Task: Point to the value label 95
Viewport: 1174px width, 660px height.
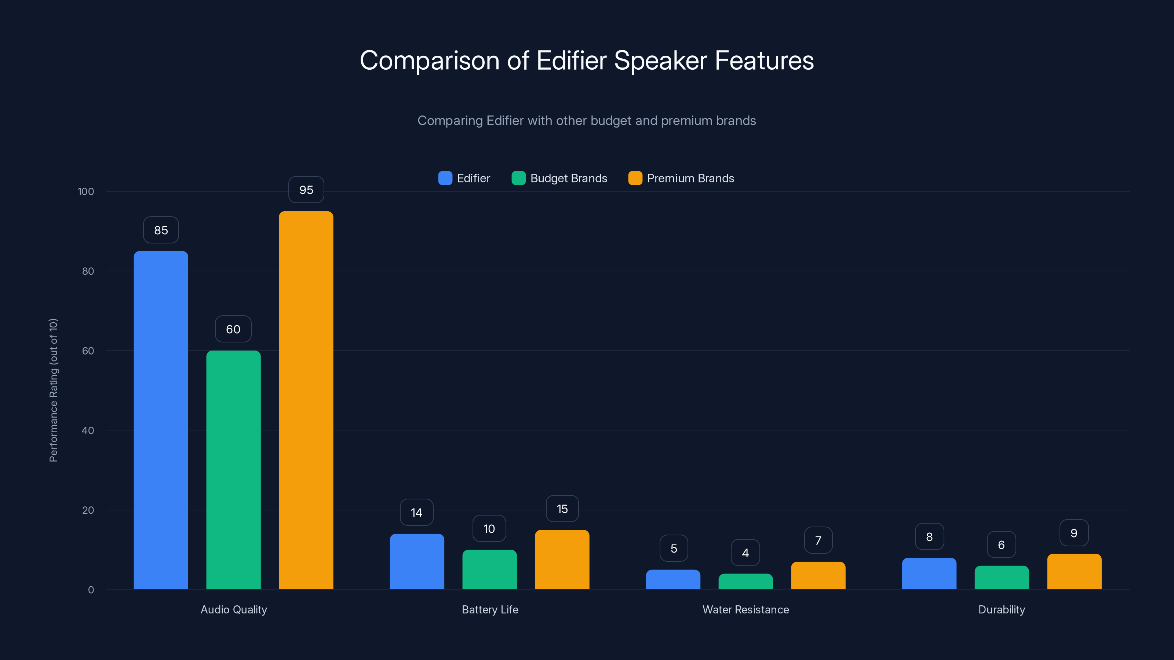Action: (x=306, y=190)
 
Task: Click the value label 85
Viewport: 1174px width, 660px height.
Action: (x=161, y=230)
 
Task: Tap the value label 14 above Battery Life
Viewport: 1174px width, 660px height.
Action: (x=416, y=513)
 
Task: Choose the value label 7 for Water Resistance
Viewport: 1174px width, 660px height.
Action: (x=818, y=540)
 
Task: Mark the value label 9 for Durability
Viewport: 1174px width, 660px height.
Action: (x=1074, y=533)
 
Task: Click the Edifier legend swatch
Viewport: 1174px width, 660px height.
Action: (x=445, y=178)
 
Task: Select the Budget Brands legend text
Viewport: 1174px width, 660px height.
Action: (x=568, y=178)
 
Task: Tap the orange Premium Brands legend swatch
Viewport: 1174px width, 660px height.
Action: (x=635, y=178)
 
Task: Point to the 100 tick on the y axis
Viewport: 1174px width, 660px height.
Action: (x=86, y=191)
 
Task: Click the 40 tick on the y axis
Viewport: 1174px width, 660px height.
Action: (x=88, y=430)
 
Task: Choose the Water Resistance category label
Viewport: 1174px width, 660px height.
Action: (x=745, y=609)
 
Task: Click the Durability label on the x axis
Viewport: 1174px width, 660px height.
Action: (x=1001, y=609)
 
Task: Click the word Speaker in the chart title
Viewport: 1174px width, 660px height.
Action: (x=660, y=60)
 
